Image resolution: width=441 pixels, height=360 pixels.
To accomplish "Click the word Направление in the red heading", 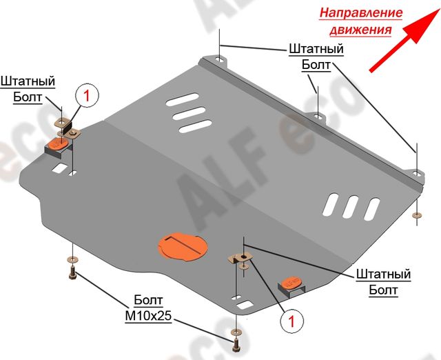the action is click(361, 12).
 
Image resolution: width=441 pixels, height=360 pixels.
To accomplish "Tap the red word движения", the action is click(360, 29).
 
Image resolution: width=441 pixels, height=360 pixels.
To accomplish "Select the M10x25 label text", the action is click(148, 316).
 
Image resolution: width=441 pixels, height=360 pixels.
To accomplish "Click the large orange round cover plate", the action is click(183, 246).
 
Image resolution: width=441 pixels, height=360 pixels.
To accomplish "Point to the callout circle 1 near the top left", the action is click(87, 96).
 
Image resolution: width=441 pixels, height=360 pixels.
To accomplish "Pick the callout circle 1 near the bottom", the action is click(291, 321).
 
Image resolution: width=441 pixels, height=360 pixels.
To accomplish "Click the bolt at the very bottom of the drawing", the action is click(235, 346).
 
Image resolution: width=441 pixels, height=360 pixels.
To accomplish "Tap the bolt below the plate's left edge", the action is click(72, 273).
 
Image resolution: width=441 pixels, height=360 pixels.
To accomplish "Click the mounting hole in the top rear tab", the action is click(220, 60).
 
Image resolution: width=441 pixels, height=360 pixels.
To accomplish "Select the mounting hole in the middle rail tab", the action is click(318, 115).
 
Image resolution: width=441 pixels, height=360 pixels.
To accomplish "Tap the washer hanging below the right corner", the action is click(417, 215).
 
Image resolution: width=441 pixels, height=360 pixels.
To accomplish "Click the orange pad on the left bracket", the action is click(59, 143).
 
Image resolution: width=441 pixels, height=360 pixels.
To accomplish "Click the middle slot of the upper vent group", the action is click(189, 113).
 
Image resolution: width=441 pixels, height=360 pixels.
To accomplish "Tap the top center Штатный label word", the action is click(316, 49).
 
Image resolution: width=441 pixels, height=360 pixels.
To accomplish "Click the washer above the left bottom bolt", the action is click(72, 259).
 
